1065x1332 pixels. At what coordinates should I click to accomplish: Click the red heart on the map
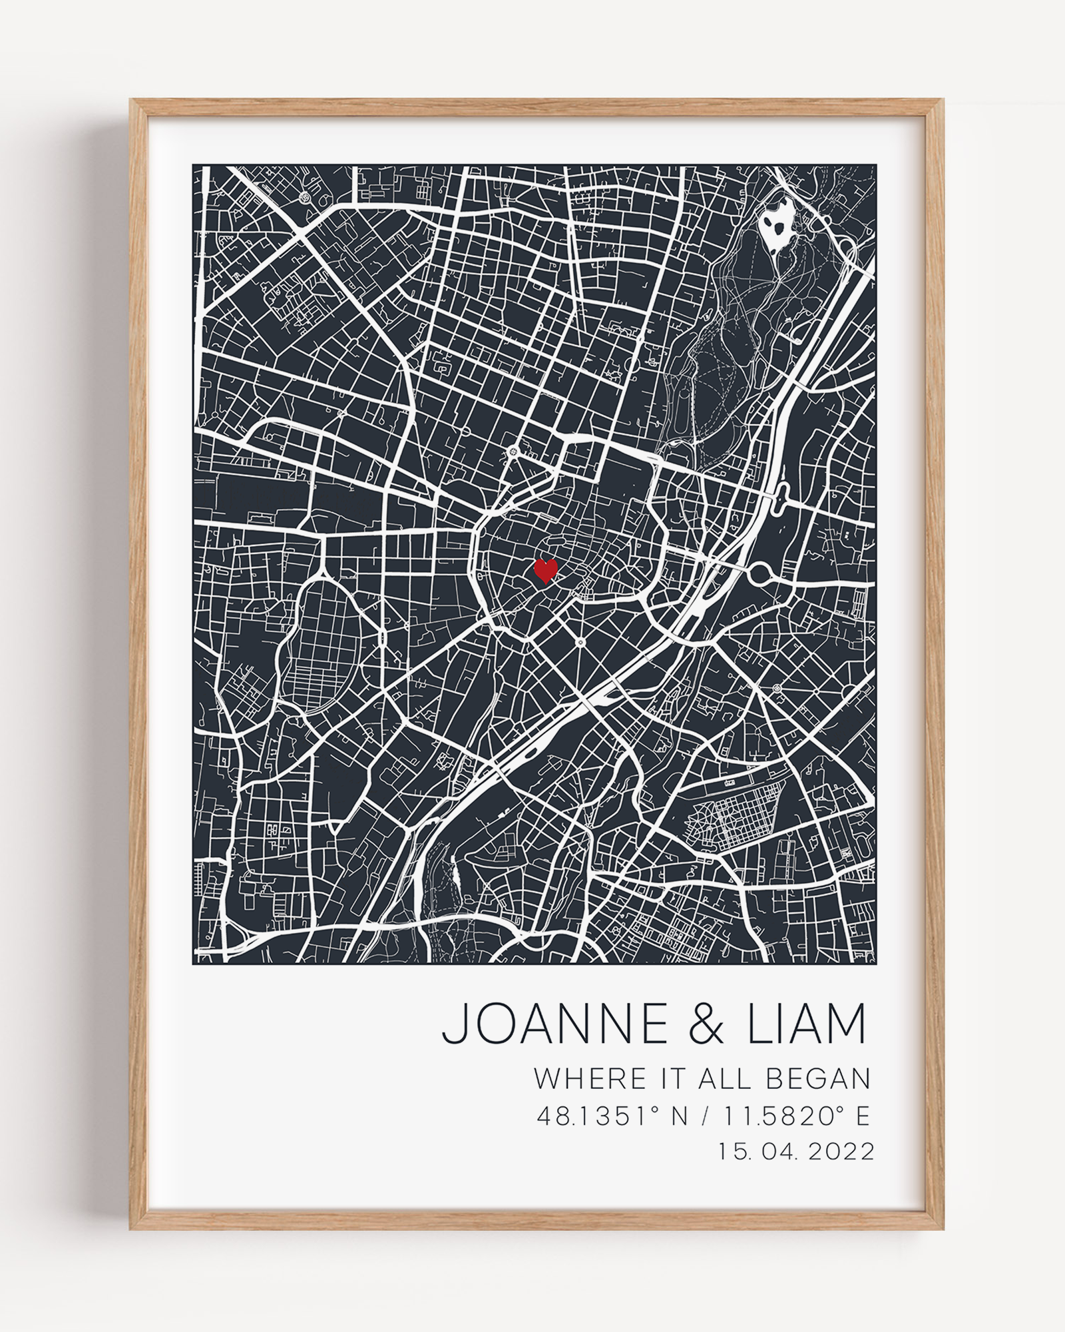(546, 570)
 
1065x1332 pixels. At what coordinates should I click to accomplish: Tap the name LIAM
(807, 1023)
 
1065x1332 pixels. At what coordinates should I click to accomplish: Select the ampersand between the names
(706, 1024)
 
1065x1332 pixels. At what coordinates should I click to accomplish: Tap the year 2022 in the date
(841, 1152)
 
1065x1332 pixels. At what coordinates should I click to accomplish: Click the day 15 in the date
(731, 1152)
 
